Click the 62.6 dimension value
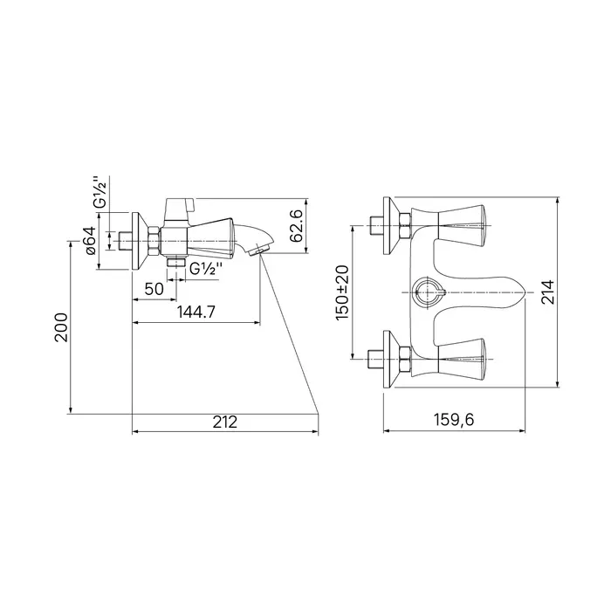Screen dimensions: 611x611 (x=297, y=225)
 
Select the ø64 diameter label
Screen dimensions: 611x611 (x=89, y=240)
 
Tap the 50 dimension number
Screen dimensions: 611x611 (x=154, y=289)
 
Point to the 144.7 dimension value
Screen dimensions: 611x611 (x=196, y=312)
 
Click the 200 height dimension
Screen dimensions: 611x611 (x=61, y=327)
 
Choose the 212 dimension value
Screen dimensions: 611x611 (x=225, y=422)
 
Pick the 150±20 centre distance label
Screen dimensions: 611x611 (x=342, y=292)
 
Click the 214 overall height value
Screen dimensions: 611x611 (x=548, y=292)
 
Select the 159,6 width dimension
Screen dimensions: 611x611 (x=454, y=420)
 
